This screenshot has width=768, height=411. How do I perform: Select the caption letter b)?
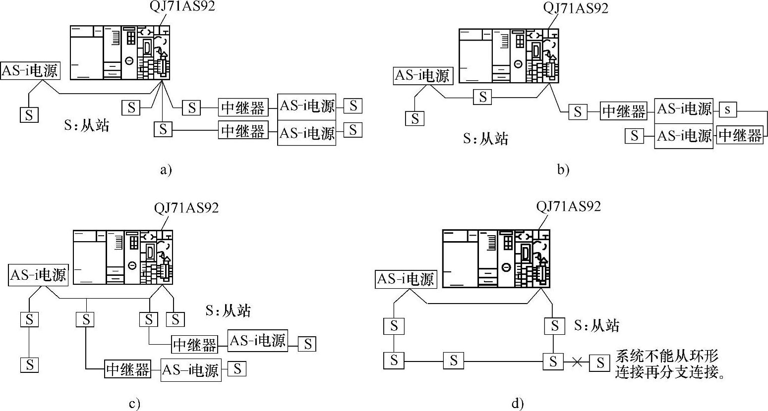pos(563,170)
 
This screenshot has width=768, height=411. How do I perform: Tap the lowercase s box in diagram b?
pos(727,109)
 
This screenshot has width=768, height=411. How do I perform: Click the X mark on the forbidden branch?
pos(576,362)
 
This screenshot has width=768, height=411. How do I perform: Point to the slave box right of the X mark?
pos(600,363)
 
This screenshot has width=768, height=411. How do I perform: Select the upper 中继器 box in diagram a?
pos(243,107)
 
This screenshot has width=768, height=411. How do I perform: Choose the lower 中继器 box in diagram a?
pos(243,130)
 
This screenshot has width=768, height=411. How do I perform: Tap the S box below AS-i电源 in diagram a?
pos(29,115)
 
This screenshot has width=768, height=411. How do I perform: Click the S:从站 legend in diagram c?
pos(228,310)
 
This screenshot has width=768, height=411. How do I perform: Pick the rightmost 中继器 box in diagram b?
pos(740,135)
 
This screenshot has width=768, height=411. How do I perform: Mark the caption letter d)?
pos(518,404)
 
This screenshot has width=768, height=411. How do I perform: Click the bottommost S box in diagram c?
pos(30,365)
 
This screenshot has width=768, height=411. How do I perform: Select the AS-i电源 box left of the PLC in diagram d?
pos(406,279)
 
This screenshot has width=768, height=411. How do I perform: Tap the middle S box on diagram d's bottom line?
pos(454,360)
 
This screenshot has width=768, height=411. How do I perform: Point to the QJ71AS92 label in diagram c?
pos(186,207)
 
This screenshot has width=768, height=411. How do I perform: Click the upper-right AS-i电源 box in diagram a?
pos(307,106)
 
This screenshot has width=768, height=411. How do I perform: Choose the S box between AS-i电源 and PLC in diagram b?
pos(482,97)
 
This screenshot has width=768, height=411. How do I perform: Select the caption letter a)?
pos(166,170)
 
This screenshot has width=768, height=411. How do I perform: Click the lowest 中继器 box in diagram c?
pos(128,370)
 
